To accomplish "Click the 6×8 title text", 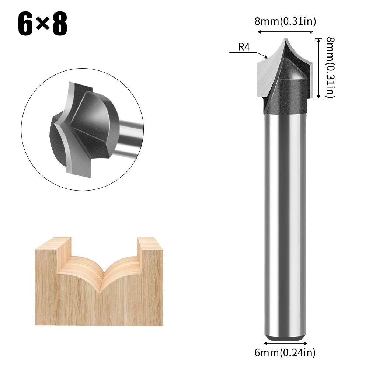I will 43,24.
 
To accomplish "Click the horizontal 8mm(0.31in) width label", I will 286,21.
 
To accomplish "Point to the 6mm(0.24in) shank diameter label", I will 285,352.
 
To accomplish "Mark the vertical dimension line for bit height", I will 318,68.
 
